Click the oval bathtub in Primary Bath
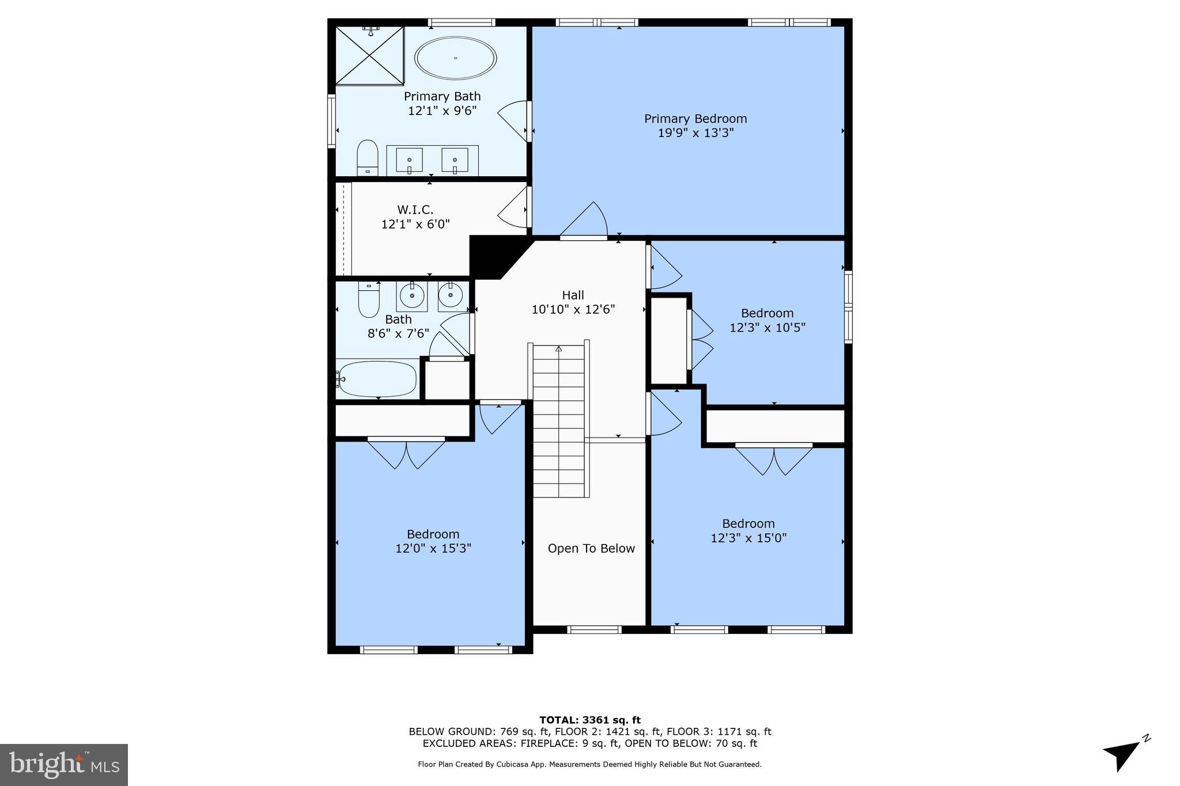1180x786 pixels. click(x=455, y=58)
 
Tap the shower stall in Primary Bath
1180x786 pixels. click(x=369, y=55)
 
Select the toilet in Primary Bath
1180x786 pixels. click(x=367, y=157)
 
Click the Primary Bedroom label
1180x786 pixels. click(x=695, y=119)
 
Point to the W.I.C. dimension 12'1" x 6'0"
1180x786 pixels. click(x=415, y=224)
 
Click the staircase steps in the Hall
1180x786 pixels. click(x=558, y=420)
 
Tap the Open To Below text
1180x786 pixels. click(x=591, y=549)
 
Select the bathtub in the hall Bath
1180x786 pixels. click(x=377, y=379)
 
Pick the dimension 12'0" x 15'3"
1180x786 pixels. click(x=433, y=549)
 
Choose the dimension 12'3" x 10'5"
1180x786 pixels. click(x=767, y=328)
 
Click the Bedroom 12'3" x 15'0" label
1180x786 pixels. click(x=748, y=523)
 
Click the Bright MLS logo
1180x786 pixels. click(x=64, y=765)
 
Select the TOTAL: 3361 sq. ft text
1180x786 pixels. click(x=589, y=720)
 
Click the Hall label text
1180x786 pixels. click(x=573, y=295)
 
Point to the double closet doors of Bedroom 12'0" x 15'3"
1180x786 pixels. click(x=406, y=453)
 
